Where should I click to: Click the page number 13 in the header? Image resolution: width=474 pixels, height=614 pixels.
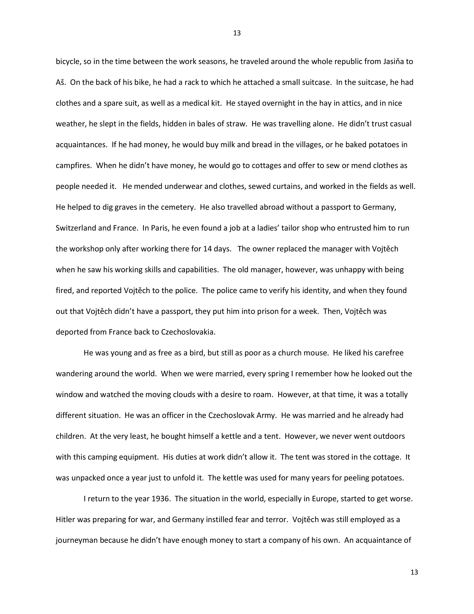[x=237, y=33]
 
